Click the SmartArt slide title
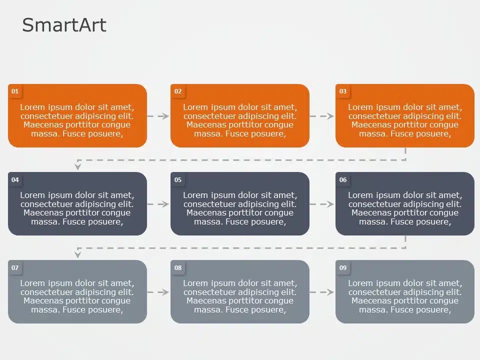[x=64, y=25]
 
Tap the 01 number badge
[x=15, y=91]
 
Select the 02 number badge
[x=178, y=91]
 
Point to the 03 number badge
[x=343, y=91]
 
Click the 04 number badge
[x=15, y=180]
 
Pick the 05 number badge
[x=178, y=180]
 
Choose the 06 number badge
[x=343, y=180]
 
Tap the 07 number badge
[x=15, y=268]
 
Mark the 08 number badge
[x=178, y=268]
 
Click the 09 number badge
[x=343, y=268]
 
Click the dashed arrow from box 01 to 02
[x=158, y=116]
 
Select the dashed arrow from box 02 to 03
[x=322, y=116]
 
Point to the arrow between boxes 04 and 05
[x=158, y=204]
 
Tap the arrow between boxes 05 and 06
[x=322, y=204]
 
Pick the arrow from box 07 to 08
[x=158, y=292]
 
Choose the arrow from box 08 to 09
[x=322, y=292]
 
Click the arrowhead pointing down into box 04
[x=77, y=166]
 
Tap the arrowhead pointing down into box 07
[x=77, y=254]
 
